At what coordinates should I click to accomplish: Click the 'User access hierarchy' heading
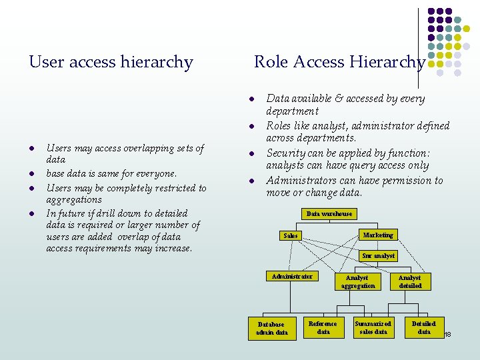tap(111, 63)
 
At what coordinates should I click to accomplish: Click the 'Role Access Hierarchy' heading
tap(339, 62)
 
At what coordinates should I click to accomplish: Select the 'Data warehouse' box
tap(329, 213)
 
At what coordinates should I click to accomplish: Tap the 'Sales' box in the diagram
tap(291, 235)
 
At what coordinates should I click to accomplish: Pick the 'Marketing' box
tap(378, 235)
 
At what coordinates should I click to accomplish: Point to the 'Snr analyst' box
tap(378, 255)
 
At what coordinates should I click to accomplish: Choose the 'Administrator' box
tap(292, 277)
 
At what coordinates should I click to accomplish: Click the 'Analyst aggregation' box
tap(357, 281)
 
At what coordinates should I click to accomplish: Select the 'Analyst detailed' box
tap(410, 281)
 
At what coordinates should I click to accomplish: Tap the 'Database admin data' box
tap(272, 328)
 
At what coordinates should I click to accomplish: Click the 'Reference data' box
tap(323, 327)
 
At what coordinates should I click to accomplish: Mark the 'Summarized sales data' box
tap(373, 327)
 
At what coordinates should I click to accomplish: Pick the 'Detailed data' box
tap(424, 327)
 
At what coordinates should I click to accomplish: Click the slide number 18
tap(448, 333)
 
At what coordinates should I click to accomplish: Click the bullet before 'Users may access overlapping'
tap(31, 148)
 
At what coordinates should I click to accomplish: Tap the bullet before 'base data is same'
tap(31, 174)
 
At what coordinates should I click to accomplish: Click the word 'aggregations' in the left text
tap(74, 199)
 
